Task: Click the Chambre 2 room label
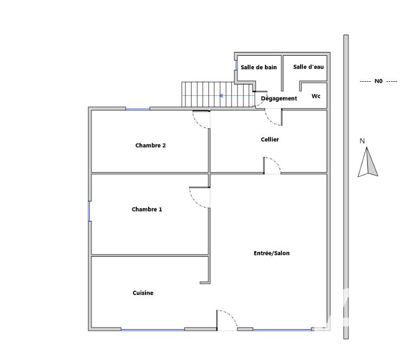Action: [x=150, y=146]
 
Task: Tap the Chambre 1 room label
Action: [x=147, y=210]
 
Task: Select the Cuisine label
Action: [x=143, y=293]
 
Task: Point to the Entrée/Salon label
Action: [x=272, y=253]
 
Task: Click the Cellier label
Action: [x=270, y=140]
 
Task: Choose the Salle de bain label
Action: [x=259, y=68]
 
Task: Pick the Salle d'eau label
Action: [x=308, y=67]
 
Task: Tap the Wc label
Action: [x=316, y=96]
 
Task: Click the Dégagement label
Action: [x=279, y=99]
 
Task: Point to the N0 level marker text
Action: [x=378, y=81]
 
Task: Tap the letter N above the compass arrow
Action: [x=362, y=141]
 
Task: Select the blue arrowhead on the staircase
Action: [x=221, y=96]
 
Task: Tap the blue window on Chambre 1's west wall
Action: [x=89, y=211]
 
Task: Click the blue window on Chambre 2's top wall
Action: [x=138, y=109]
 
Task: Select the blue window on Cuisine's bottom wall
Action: [x=153, y=329]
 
